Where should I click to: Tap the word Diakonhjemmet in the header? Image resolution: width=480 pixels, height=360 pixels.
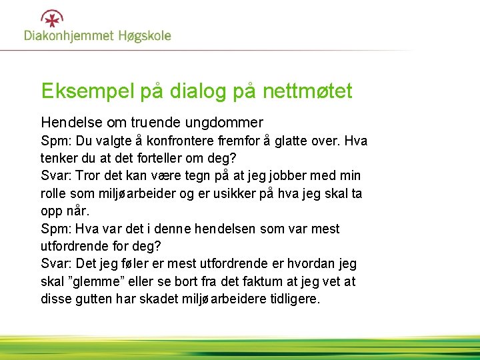point(69,35)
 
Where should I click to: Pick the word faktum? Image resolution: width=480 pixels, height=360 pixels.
point(273,282)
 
